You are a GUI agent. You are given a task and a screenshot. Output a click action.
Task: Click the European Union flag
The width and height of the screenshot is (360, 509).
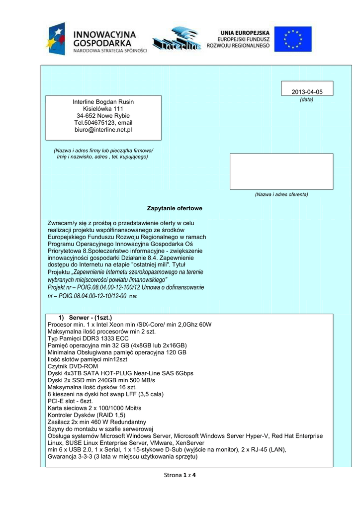(293, 39)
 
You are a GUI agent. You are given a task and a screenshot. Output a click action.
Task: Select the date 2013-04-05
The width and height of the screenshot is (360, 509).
(307, 92)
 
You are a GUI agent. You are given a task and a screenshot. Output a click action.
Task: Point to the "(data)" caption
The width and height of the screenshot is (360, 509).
(306, 99)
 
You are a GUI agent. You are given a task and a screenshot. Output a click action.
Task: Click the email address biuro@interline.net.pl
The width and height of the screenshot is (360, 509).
(103, 130)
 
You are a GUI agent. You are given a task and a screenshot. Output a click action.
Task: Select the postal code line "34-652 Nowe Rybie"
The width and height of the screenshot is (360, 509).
(103, 116)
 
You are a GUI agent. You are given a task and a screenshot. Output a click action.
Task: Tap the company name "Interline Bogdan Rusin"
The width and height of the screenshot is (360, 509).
(103, 102)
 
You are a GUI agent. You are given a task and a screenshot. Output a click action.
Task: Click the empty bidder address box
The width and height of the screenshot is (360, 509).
(281, 171)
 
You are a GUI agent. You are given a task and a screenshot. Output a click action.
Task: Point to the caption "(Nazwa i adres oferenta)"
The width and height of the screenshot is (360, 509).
(281, 194)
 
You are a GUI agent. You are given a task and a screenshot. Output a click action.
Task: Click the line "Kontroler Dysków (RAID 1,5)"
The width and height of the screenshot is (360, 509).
(87, 415)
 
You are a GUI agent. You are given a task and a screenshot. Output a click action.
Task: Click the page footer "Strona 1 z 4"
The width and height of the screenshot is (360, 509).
(180, 475)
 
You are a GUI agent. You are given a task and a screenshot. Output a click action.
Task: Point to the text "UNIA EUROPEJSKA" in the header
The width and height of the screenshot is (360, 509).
(246, 31)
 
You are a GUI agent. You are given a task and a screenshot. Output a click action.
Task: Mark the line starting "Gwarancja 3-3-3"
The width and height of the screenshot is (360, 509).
(123, 457)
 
